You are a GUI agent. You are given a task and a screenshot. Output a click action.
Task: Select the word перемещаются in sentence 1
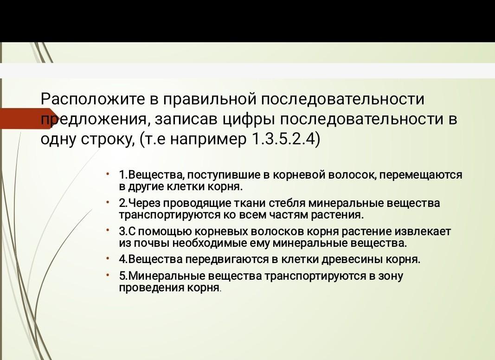point(420,174)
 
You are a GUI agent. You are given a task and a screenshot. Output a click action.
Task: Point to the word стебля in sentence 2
point(287,203)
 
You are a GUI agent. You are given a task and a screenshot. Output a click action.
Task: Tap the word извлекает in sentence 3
point(423,231)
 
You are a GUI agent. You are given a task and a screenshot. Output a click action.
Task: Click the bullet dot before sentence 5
point(108,275)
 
